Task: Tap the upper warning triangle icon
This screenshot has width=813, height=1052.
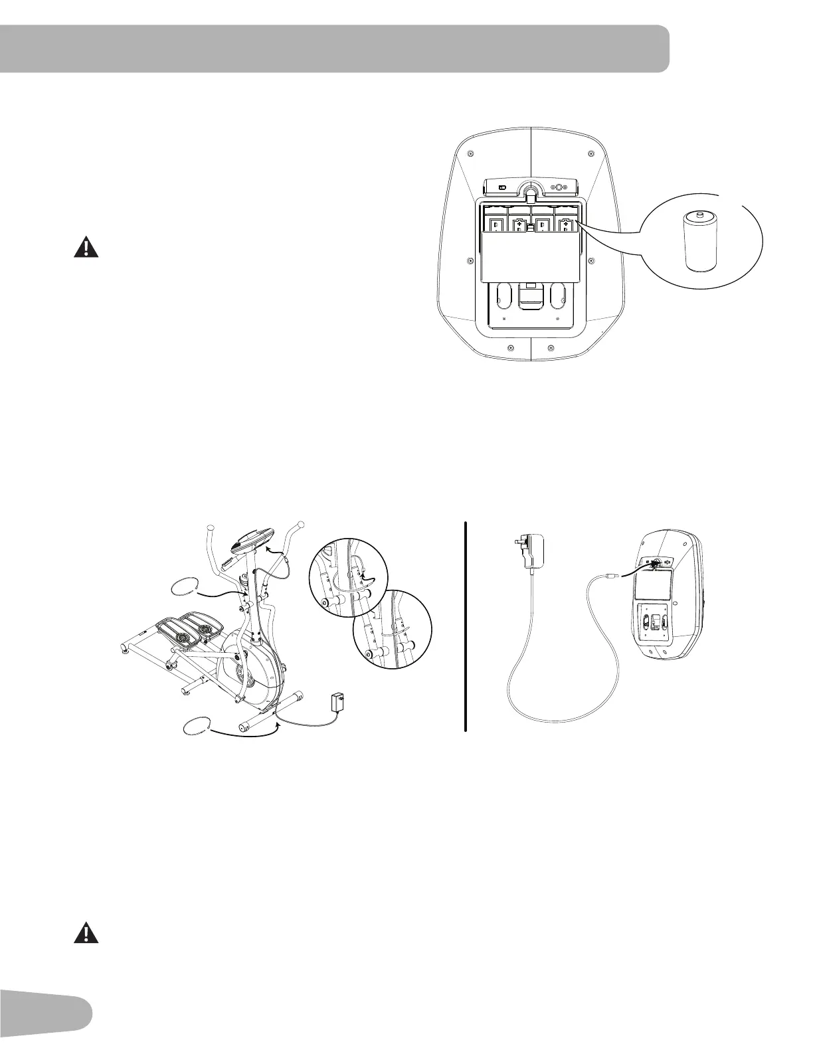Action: click(x=86, y=248)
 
